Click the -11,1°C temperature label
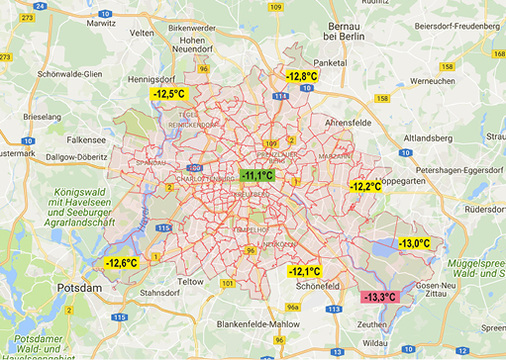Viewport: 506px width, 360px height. click(257, 176)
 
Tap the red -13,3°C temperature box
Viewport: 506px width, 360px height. click(379, 297)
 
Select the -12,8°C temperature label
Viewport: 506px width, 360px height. click(301, 76)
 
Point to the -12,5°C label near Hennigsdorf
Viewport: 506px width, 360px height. click(168, 94)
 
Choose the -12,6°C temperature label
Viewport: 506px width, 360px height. click(120, 263)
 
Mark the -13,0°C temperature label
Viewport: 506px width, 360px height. click(414, 243)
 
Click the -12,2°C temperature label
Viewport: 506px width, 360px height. click(365, 186)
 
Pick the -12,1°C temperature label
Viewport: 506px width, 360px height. click(304, 271)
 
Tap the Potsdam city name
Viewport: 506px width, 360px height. click(79, 288)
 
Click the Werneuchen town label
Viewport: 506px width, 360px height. click(432, 80)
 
